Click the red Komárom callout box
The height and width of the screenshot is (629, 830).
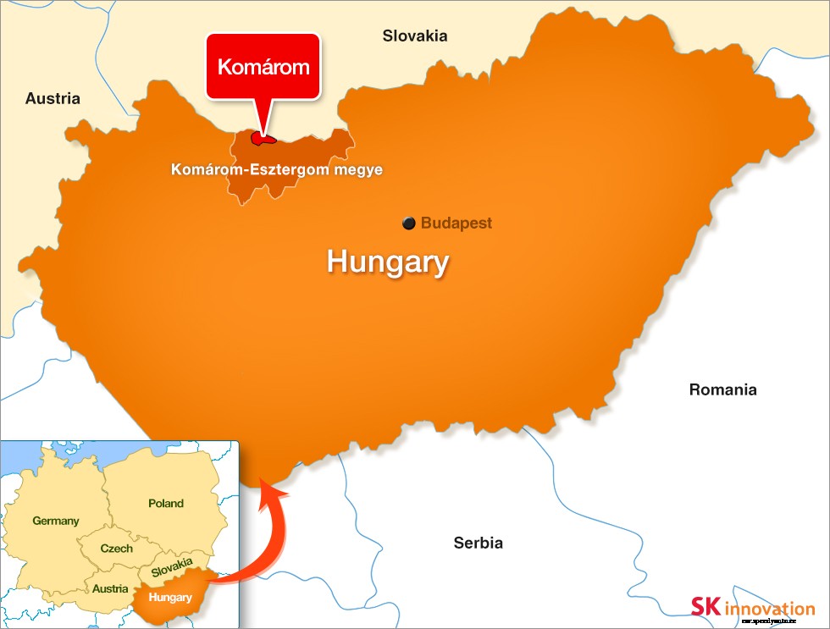263,67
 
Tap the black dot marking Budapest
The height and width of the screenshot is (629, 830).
409,223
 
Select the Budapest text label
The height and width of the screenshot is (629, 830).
456,223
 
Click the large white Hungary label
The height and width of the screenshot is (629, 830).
387,262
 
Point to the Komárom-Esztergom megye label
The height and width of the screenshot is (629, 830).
276,170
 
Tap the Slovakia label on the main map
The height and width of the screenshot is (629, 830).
414,36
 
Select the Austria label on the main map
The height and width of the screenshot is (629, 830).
53,98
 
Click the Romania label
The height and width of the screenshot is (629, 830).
722,389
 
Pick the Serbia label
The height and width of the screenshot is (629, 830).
478,543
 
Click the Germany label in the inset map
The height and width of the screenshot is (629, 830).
56,521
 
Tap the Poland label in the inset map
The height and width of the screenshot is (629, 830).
166,503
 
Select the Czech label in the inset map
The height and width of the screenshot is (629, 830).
116,548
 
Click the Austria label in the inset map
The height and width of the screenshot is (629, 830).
111,588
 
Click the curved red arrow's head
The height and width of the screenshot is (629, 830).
270,488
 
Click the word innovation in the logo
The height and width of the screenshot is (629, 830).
769,608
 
